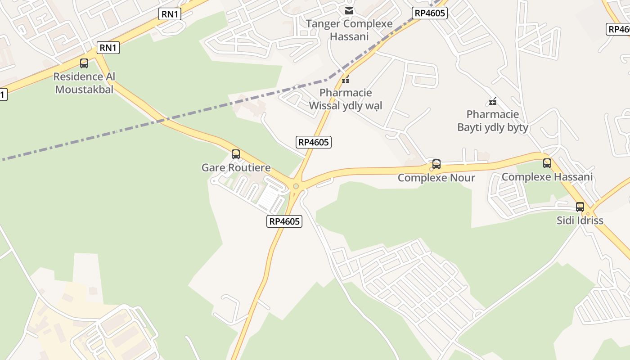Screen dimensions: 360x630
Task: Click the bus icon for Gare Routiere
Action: click(x=235, y=154)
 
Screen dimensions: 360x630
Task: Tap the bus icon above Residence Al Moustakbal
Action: click(x=84, y=63)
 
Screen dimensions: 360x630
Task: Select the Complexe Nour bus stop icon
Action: click(x=436, y=164)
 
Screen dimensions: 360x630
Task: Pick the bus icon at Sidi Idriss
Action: click(x=580, y=207)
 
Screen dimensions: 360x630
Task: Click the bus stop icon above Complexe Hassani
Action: click(x=547, y=163)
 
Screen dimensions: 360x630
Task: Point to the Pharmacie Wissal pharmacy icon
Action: click(x=346, y=80)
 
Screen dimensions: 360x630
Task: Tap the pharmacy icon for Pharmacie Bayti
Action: click(x=493, y=101)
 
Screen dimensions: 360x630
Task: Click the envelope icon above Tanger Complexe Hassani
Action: click(x=349, y=10)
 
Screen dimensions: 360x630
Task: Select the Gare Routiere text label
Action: click(x=236, y=168)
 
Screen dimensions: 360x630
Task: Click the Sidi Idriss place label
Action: click(x=580, y=220)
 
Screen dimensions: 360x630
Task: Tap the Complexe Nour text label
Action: click(x=436, y=178)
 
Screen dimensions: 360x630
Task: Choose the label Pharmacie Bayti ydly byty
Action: click(x=493, y=121)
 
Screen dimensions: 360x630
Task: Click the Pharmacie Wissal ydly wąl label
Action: click(x=346, y=99)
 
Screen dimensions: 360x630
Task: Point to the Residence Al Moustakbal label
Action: click(x=84, y=83)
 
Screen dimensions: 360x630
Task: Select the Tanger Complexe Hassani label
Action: click(x=349, y=30)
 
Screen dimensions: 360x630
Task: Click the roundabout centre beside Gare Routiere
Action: click(x=296, y=186)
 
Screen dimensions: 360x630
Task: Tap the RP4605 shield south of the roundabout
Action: click(x=284, y=221)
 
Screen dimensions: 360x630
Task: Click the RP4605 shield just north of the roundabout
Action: click(x=314, y=142)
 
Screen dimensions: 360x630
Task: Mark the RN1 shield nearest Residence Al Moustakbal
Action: click(x=108, y=48)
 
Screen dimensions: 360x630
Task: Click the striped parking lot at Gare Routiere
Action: click(x=271, y=198)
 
